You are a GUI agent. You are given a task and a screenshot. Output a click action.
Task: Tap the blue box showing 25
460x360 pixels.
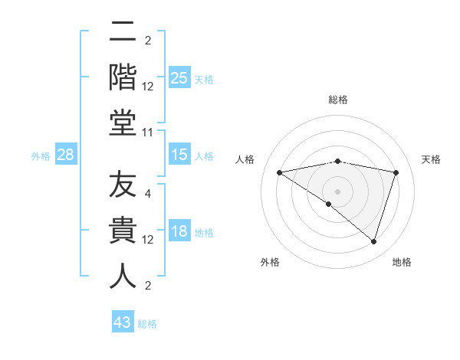coord(179,78)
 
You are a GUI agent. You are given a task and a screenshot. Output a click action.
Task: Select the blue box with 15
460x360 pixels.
coord(179,155)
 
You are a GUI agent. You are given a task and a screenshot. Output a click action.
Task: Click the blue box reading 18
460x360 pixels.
coord(179,232)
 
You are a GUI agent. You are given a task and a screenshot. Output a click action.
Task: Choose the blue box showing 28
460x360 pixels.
coord(66,155)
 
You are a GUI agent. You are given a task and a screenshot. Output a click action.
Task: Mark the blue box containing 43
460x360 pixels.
coord(122,322)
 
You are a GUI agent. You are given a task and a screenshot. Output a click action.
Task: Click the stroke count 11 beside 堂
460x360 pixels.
coord(148,133)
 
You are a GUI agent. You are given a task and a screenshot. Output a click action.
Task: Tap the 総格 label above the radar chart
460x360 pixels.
coord(337,100)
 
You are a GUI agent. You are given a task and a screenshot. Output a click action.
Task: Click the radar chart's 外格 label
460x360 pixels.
coord(270,262)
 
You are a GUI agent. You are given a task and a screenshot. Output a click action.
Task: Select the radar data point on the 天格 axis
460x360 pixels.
coord(396,172)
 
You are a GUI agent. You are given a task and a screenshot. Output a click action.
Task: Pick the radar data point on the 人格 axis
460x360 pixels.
coord(280,172)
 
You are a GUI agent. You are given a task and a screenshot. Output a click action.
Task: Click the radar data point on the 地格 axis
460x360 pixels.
coord(373,241)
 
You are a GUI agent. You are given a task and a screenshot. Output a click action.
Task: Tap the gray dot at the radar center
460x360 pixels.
coord(337,191)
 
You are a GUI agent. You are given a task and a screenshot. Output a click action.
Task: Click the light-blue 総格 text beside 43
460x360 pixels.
coord(148,323)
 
